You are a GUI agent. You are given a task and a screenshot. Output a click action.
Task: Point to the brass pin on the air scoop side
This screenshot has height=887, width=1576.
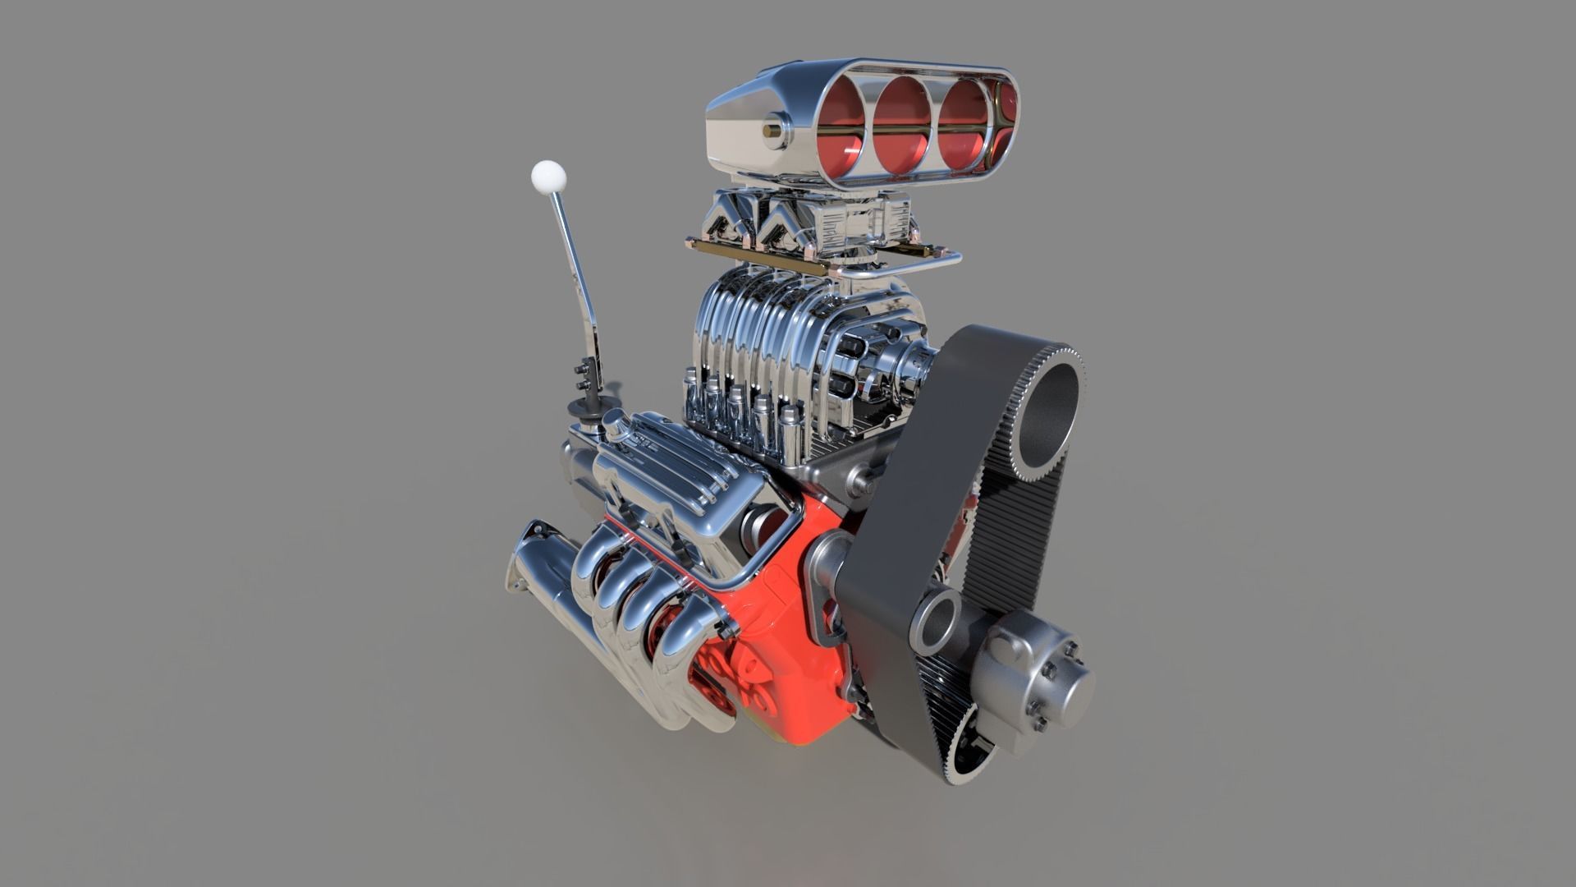pyautogui.click(x=773, y=130)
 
